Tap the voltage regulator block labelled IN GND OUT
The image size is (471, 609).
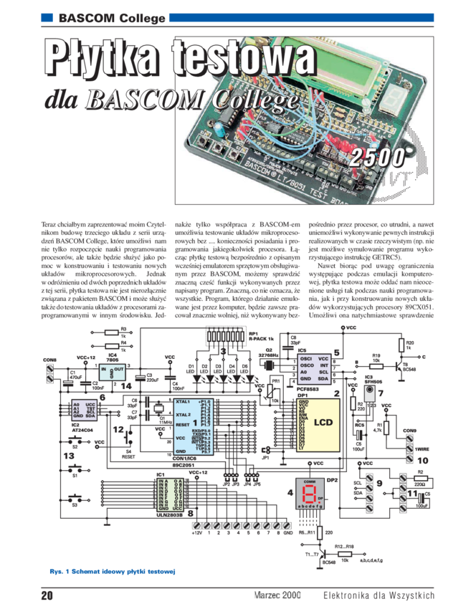tap(113, 370)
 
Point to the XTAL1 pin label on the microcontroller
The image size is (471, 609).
tap(183, 402)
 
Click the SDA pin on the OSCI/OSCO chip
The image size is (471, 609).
tap(323, 378)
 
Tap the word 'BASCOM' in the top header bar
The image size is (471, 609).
tap(85, 16)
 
